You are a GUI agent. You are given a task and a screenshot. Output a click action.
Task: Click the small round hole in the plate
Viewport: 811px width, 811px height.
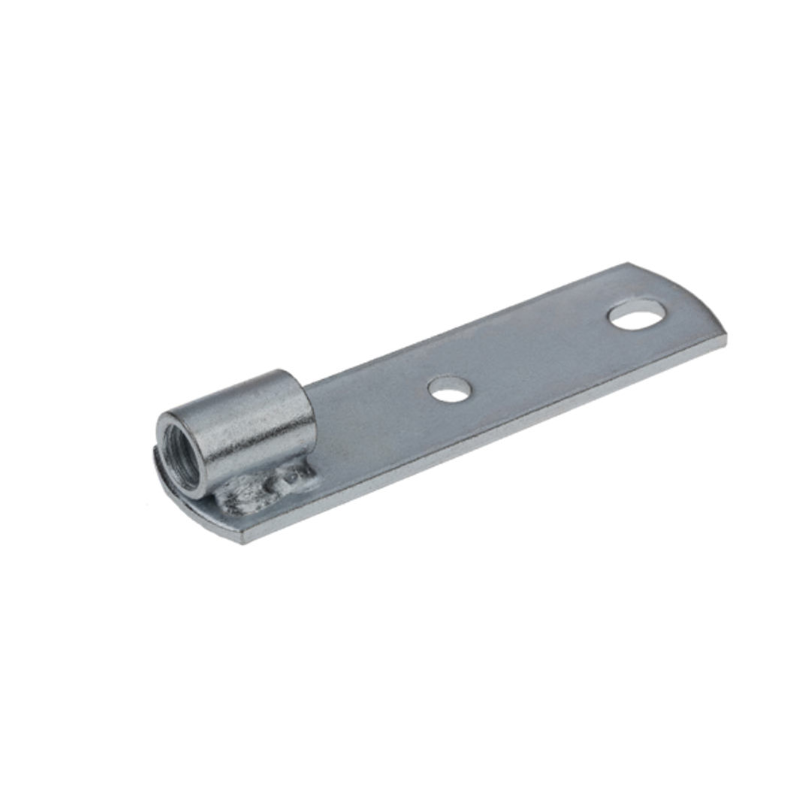click(449, 389)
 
